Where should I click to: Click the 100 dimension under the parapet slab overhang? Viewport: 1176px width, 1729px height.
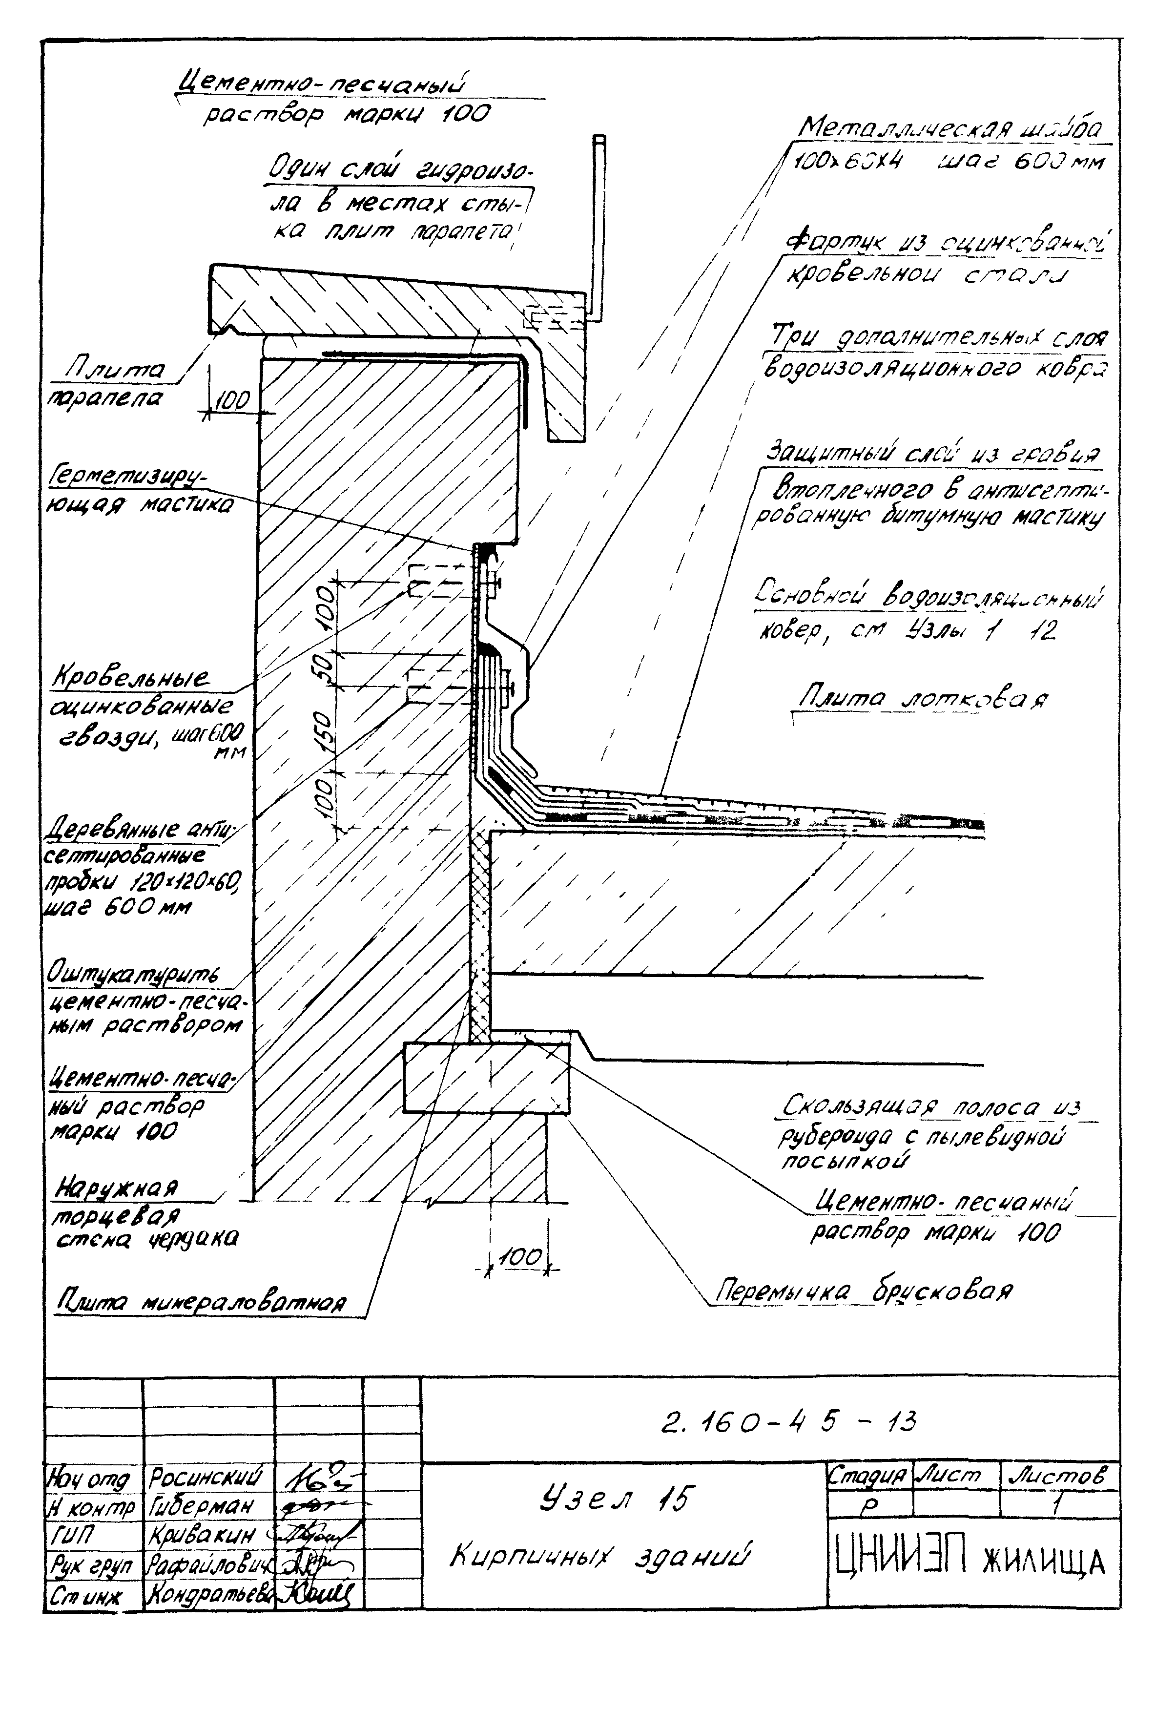232,402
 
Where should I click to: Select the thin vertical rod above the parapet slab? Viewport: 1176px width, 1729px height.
599,227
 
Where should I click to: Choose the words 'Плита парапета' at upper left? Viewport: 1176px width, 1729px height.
112,384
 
